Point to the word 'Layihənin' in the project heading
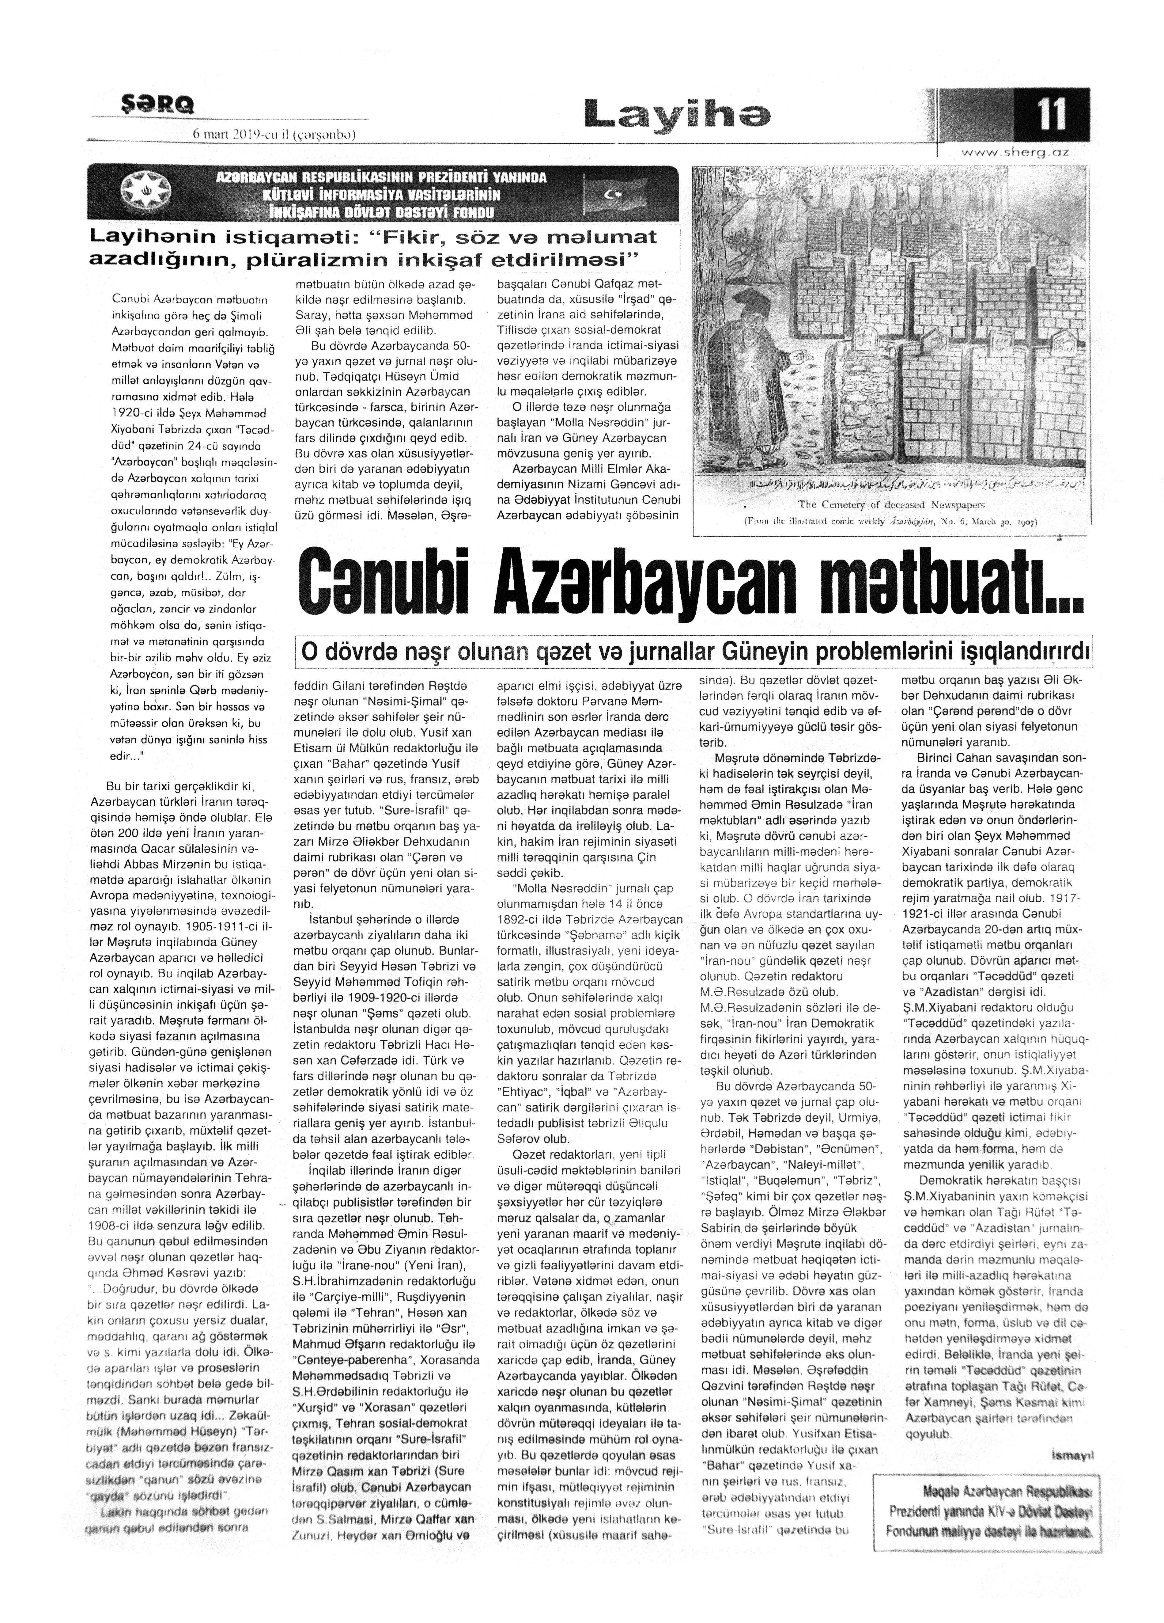(x=163, y=237)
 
